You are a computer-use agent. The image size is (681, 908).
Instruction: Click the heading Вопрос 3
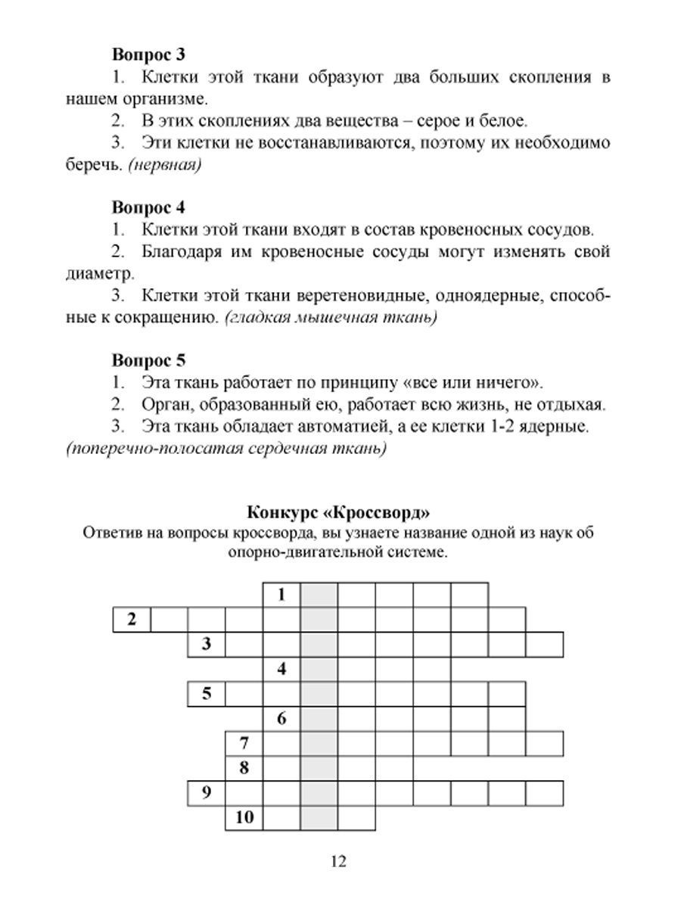pos(149,54)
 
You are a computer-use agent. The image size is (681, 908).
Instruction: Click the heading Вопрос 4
pos(149,207)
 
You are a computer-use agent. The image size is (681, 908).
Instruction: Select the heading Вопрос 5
pos(149,359)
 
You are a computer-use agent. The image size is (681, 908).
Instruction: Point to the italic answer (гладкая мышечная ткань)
pos(331,317)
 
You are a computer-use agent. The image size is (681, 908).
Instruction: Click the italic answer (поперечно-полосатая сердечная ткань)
pos(226,449)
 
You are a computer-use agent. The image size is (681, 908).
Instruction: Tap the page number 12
pos(338,861)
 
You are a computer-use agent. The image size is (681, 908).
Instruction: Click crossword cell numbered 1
pos(281,595)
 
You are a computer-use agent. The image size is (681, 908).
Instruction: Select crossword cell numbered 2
pos(132,620)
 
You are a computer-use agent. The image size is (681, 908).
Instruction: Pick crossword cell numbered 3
pos(207,645)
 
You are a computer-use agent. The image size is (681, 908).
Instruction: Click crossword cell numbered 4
pos(281,669)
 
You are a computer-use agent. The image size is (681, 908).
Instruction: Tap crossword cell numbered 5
pos(207,694)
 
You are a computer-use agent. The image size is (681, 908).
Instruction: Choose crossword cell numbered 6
pos(281,719)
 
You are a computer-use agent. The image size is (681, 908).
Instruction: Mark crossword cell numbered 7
pos(244,743)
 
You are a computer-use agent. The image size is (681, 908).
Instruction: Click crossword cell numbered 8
pos(244,768)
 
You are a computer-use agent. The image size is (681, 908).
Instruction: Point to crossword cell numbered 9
pos(207,793)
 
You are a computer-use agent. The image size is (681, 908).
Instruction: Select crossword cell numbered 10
pos(244,817)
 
